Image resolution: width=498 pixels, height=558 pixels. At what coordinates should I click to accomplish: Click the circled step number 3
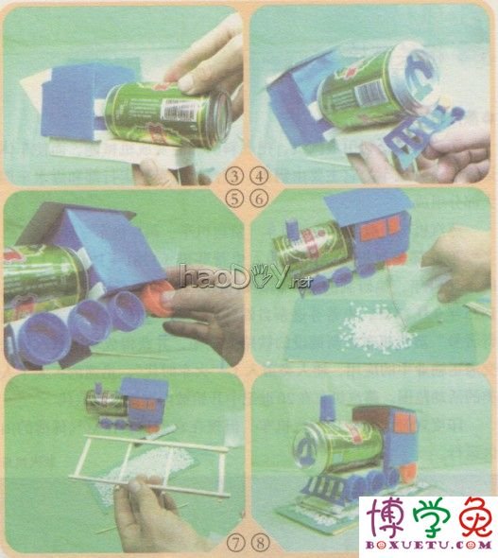[x=234, y=177]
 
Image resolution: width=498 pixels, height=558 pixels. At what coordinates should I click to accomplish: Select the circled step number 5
[x=234, y=196]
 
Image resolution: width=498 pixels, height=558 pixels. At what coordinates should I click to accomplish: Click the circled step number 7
[x=234, y=543]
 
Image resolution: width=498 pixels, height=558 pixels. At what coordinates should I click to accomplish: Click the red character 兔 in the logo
[x=471, y=515]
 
